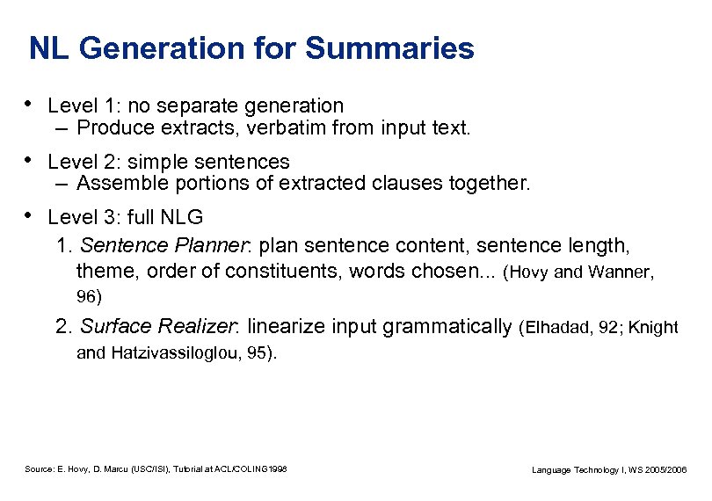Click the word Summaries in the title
pyautogui.click(x=389, y=48)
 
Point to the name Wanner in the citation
pyautogui.click(x=620, y=272)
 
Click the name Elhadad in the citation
pyautogui.click(x=562, y=329)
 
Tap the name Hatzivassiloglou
pyautogui.click(x=176, y=353)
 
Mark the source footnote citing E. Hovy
pyautogui.click(x=156, y=469)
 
